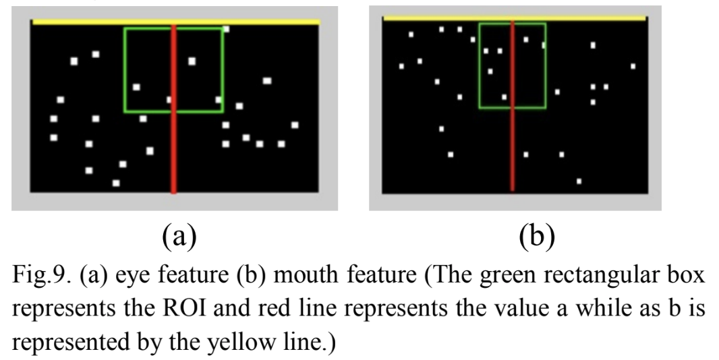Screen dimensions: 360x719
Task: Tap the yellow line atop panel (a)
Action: click(101, 22)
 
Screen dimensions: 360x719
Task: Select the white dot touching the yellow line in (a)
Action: click(226, 29)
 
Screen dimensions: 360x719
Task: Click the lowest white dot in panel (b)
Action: click(579, 181)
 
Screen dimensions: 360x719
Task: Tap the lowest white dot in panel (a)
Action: click(116, 183)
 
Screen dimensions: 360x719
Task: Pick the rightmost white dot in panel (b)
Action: click(633, 66)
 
